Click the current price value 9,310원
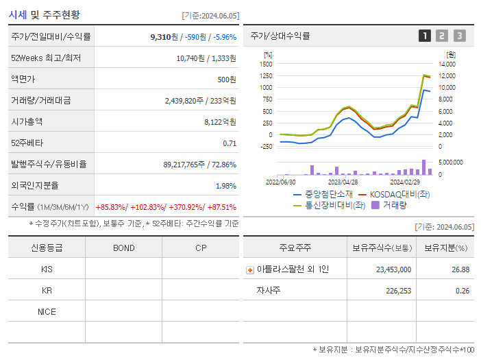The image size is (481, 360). coord(164,36)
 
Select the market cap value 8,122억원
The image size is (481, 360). coord(220,121)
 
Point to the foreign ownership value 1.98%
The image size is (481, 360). coord(225,186)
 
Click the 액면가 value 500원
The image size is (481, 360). coord(226,80)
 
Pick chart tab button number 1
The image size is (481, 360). coord(425,36)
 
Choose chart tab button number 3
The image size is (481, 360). coord(459,36)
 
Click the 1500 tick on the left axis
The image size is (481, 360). coord(266,64)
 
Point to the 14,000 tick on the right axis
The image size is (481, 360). coord(447,64)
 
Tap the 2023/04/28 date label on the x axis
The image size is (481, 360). coord(343,182)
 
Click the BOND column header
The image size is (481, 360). coord(123,248)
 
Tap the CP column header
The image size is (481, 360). coord(200,248)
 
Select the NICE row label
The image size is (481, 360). coord(47,311)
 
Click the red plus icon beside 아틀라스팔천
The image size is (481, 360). coord(250,270)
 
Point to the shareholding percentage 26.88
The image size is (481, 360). coord(460,269)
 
